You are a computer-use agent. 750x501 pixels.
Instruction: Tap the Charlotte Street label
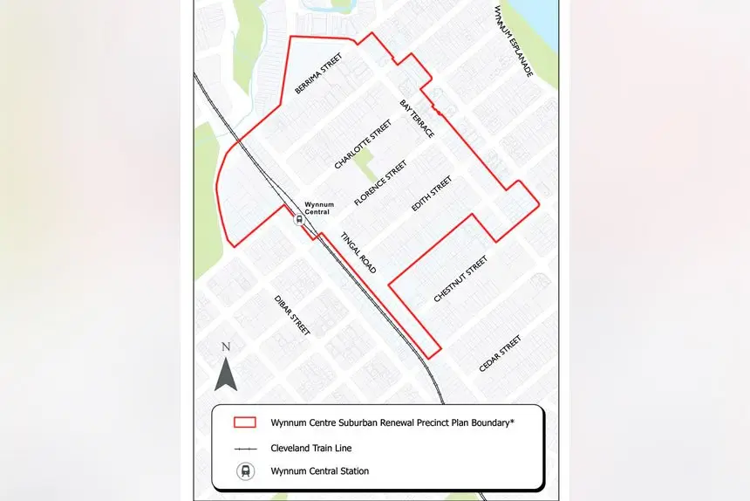[363, 144]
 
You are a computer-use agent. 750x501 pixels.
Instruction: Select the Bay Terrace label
[417, 119]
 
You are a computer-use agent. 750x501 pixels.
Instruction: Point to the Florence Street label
[380, 182]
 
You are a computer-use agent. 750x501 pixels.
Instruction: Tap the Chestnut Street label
[460, 279]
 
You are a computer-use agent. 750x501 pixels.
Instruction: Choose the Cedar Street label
[500, 353]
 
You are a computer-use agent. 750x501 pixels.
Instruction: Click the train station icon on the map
[299, 220]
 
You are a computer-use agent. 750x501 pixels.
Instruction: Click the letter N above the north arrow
[226, 347]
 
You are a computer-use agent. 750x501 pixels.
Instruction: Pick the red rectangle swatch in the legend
[245, 422]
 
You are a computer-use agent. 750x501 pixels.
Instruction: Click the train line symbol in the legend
[245, 448]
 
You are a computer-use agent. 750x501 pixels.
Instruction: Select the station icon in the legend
[245, 471]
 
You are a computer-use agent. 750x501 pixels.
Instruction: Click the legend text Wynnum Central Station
[320, 471]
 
